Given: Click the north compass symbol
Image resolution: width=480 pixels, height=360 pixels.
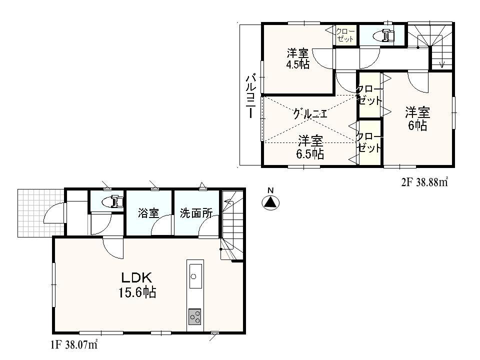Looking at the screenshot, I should point(270,202).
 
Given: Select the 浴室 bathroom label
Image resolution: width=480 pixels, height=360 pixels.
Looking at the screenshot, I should point(148,213).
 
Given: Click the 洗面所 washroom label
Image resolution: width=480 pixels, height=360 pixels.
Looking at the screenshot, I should point(195,213).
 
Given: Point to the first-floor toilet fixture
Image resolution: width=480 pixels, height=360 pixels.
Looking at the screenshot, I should point(112,202).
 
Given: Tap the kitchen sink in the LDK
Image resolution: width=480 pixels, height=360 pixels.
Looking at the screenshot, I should point(194,275).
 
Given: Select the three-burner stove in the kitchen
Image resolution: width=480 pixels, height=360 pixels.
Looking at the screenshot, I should point(194,316).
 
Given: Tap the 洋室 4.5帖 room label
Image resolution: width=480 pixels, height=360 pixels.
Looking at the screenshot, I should point(298,58).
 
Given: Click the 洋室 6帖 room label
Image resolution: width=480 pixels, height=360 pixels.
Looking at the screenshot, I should point(417,118).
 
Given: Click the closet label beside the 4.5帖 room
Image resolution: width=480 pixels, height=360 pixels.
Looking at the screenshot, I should point(345,35).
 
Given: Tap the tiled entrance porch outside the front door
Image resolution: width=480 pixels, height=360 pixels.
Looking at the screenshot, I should point(35,213).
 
